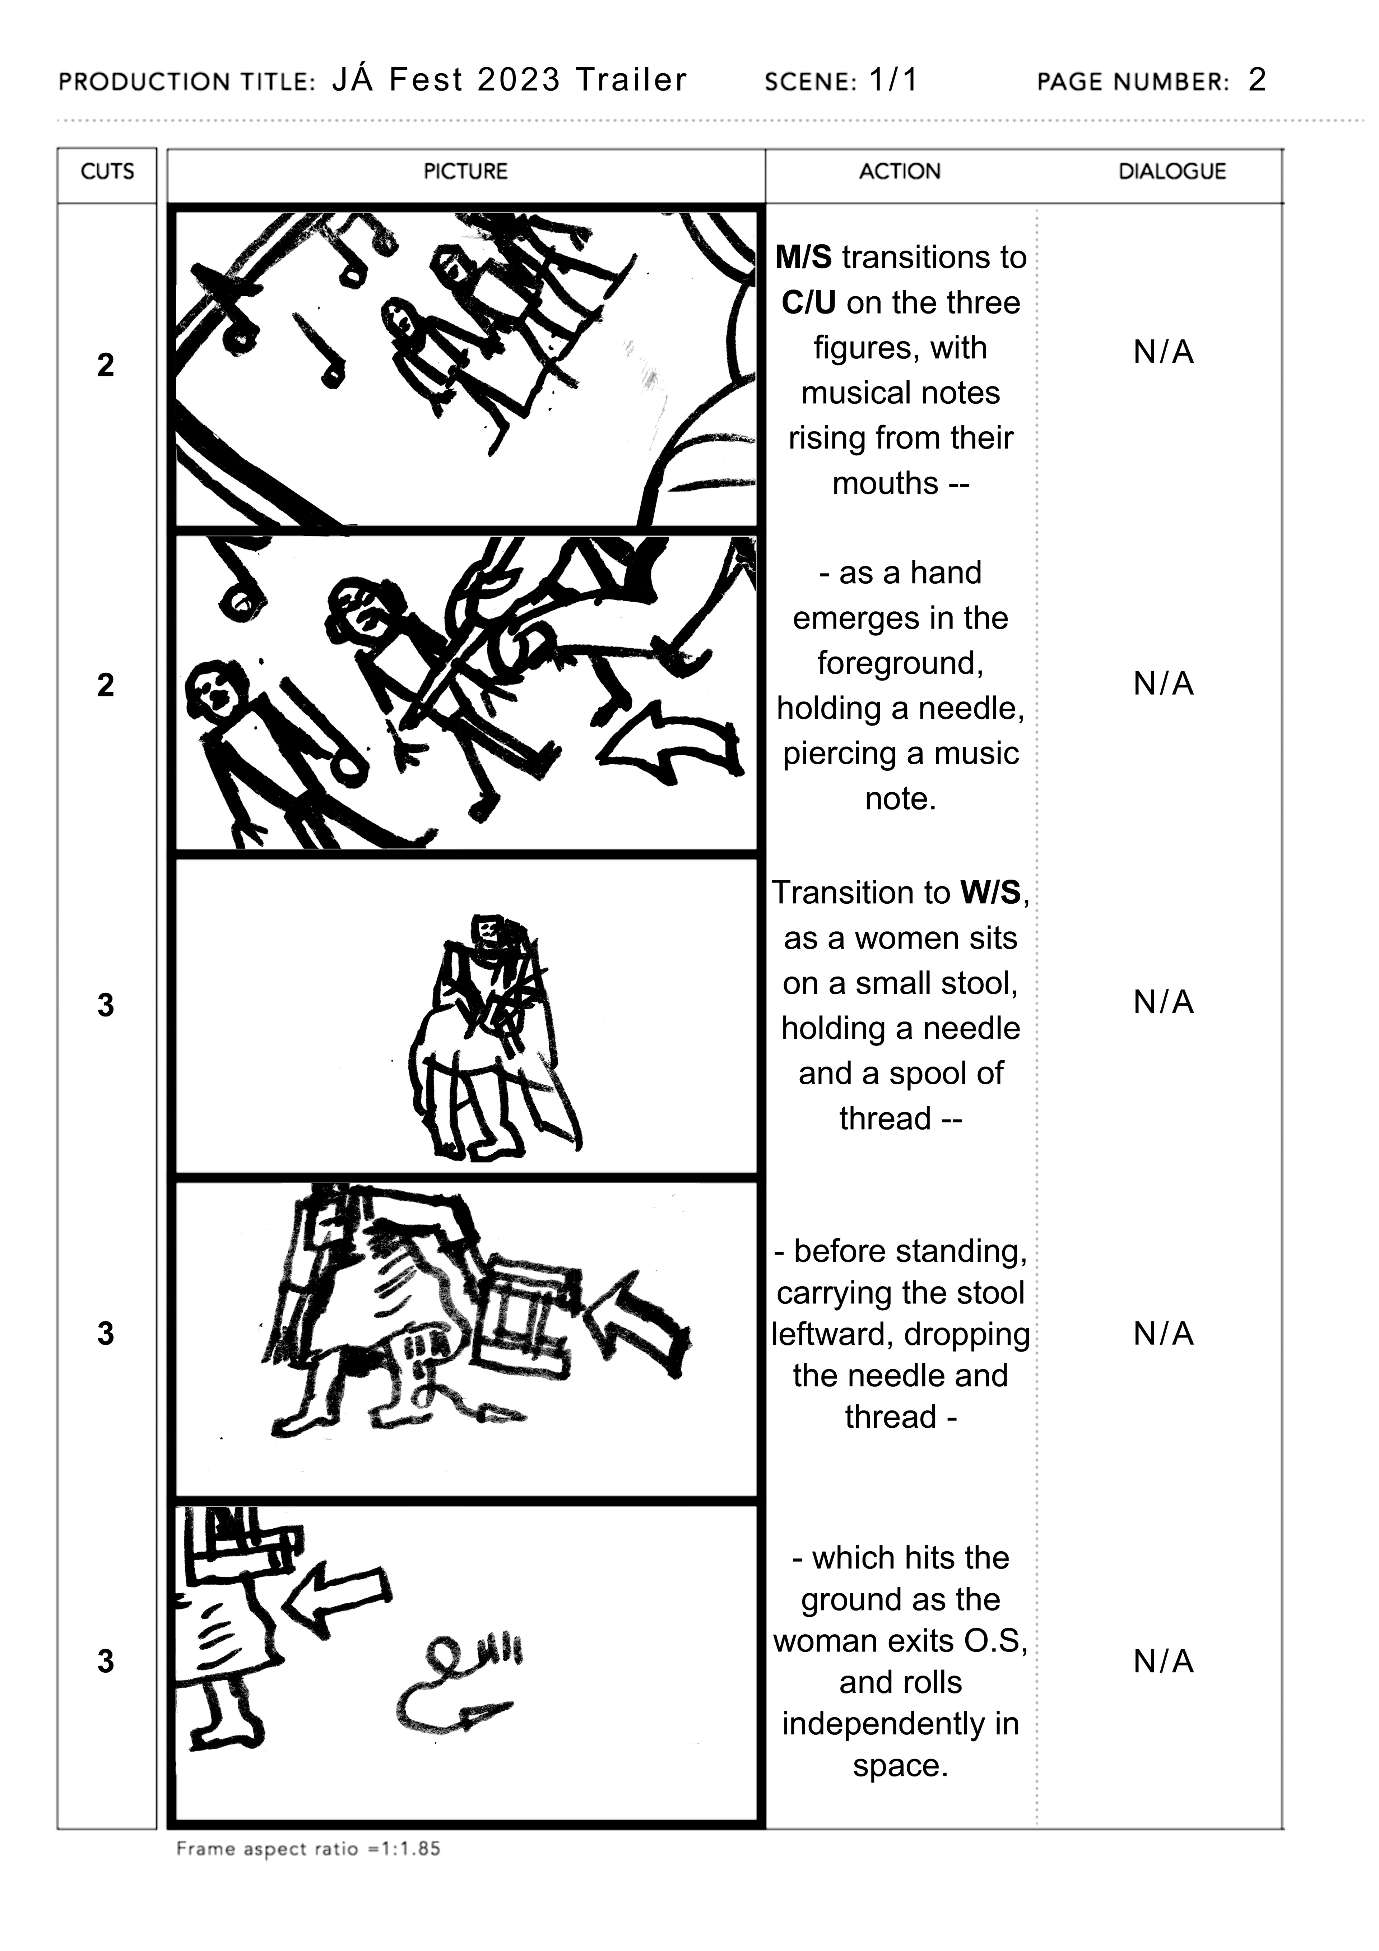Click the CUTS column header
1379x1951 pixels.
(x=107, y=172)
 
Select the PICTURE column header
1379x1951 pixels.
(x=466, y=172)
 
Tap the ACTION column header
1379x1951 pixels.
(x=900, y=172)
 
